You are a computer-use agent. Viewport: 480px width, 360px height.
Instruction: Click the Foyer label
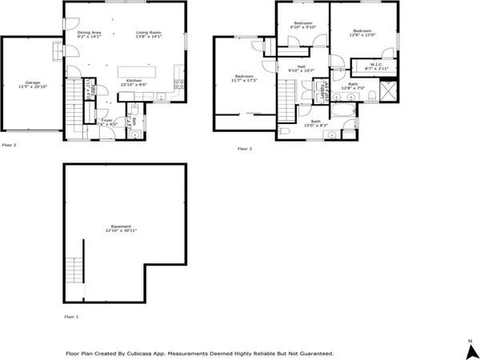point(106,121)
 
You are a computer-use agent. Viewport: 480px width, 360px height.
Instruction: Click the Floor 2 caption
point(10,145)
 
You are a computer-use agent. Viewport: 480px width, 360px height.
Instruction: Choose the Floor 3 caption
point(245,148)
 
